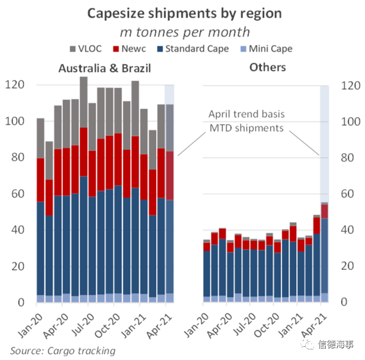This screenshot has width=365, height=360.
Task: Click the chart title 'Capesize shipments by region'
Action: (x=184, y=13)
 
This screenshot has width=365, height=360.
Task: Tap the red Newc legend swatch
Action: (x=118, y=49)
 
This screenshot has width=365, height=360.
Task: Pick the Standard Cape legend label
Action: (x=197, y=49)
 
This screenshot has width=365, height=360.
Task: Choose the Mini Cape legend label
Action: (x=271, y=49)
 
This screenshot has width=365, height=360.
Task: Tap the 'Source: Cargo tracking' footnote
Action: (x=63, y=350)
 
